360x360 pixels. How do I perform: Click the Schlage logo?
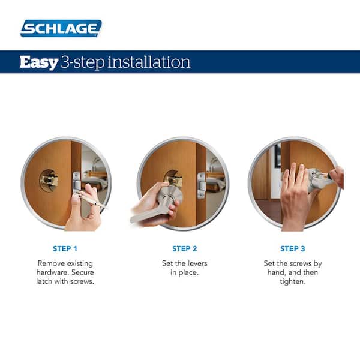pyautogui.click(x=61, y=28)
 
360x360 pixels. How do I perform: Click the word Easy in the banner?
pyautogui.click(x=39, y=62)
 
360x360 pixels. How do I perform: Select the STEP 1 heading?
pyautogui.click(x=64, y=248)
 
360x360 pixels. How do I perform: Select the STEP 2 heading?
pyautogui.click(x=184, y=248)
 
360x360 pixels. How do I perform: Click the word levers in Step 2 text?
pyautogui.click(x=199, y=263)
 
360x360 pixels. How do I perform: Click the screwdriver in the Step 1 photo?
pyautogui.click(x=90, y=197)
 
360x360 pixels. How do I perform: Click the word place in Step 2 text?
pyautogui.click(x=189, y=273)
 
